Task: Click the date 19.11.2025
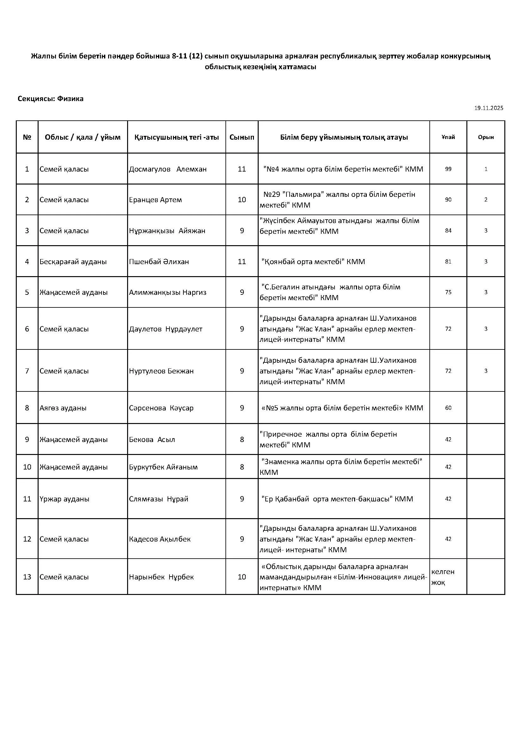[488, 108]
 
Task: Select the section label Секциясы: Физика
[51, 99]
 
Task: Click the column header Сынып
[242, 137]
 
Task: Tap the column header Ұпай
[448, 137]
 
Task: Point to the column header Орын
[486, 137]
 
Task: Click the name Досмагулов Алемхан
[168, 169]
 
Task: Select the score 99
[448, 169]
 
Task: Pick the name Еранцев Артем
[155, 200]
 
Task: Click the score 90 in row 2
[448, 200]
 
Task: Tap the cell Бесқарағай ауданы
[73, 261]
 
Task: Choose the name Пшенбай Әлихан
[159, 261]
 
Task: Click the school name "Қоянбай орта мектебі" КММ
[313, 261]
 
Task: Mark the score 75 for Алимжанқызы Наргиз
[448, 292]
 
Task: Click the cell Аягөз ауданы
[63, 408]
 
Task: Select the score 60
[448, 408]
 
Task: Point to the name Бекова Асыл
[152, 439]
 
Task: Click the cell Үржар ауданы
[64, 499]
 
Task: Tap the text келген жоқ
[442, 577]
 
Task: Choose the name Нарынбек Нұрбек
[161, 577]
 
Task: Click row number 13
[27, 577]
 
